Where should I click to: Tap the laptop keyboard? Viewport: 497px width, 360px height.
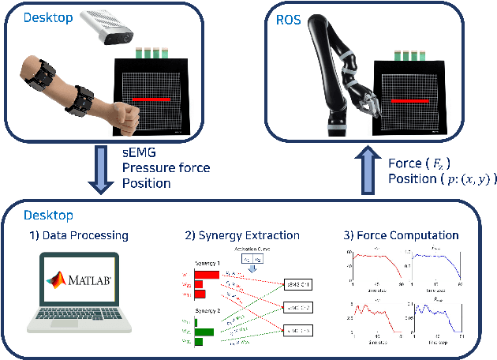pyautogui.click(x=80, y=320)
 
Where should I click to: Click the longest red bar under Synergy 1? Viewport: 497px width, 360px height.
pyautogui.click(x=206, y=275)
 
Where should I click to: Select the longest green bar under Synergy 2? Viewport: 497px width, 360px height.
pyautogui.click(x=204, y=332)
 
